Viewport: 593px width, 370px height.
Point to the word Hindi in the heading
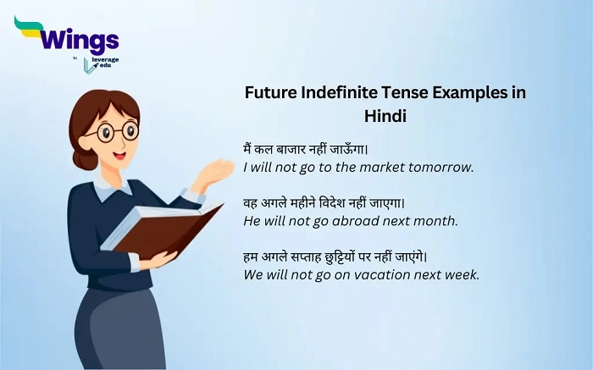(x=385, y=116)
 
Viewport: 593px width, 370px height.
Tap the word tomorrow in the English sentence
(x=441, y=167)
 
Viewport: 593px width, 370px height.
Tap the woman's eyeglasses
(x=118, y=132)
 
